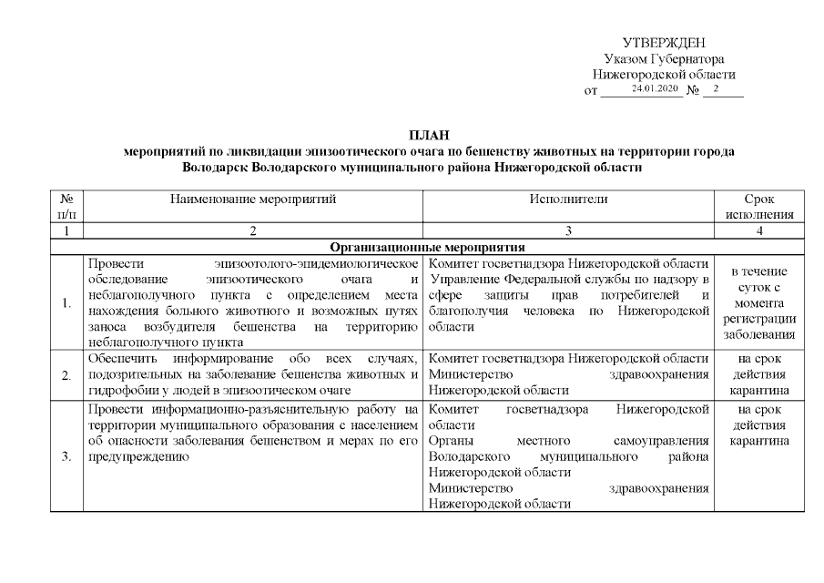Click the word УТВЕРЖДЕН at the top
(664, 44)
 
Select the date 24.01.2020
(656, 89)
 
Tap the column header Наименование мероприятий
(253, 198)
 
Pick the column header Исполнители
(568, 198)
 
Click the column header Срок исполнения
(760, 206)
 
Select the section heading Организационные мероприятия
(427, 247)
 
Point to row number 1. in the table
(66, 303)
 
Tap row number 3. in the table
(66, 456)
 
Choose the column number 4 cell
(760, 231)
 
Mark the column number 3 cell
(568, 231)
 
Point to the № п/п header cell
(66, 206)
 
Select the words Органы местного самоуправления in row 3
(568, 441)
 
